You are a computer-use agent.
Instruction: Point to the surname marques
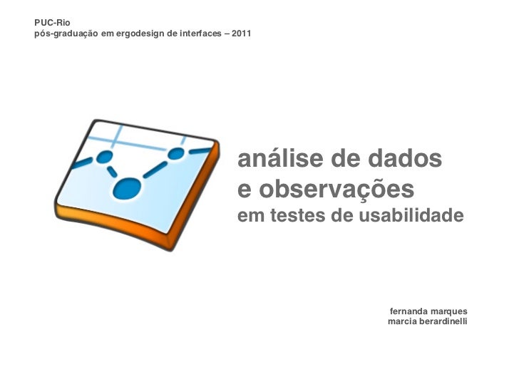coord(450,311)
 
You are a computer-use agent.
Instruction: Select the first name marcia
coord(404,322)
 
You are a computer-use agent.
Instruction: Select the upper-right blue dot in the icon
coord(175,154)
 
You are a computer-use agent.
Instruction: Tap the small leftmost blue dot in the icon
coord(105,156)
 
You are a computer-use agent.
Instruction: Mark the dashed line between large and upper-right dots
coord(153,171)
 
